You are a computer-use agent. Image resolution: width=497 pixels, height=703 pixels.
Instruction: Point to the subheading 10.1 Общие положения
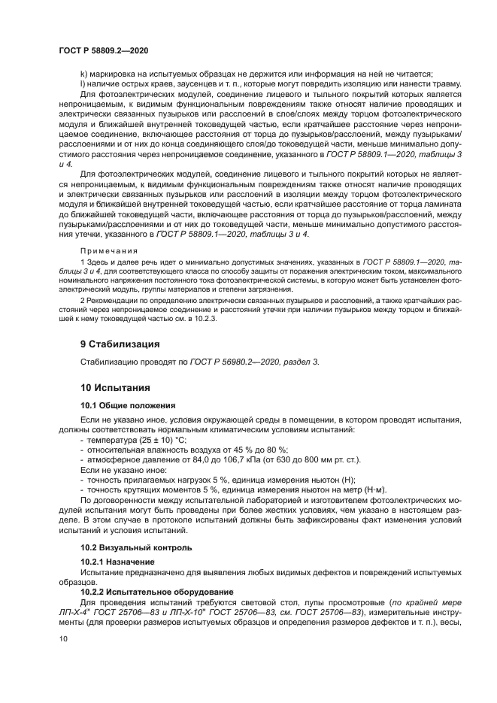tap(127, 405)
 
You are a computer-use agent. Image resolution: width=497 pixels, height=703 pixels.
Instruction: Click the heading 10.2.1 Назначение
tap(117, 562)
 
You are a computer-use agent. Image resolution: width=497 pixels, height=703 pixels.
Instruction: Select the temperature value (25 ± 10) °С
tap(160, 439)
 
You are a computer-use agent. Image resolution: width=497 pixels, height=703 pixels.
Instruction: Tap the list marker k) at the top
tap(84, 73)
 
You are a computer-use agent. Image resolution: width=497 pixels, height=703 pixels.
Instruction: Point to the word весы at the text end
tap(451, 623)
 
